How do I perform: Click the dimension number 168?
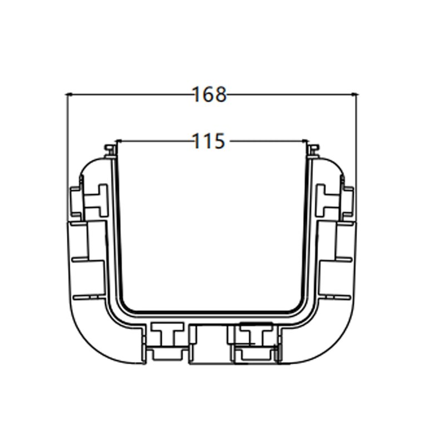point(210,95)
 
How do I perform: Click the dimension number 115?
point(210,141)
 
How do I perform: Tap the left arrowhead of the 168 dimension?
point(70,95)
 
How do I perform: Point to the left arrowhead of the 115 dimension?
point(117,141)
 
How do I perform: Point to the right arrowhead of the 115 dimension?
point(305,141)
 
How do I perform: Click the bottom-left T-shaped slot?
point(165,336)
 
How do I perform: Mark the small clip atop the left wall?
point(110,149)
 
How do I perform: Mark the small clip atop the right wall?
point(314,149)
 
